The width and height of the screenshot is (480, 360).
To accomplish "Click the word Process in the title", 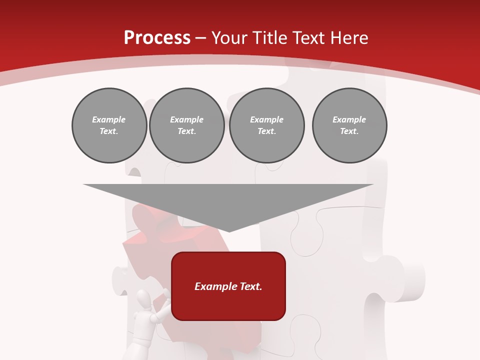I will [x=157, y=38].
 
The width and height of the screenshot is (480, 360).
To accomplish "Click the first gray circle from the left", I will [x=109, y=125].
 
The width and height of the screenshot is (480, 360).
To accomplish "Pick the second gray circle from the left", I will [x=187, y=125].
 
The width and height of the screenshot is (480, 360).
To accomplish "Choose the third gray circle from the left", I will [x=266, y=125].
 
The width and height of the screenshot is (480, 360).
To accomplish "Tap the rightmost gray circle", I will [x=349, y=125].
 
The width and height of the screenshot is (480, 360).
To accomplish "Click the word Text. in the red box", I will [x=251, y=286].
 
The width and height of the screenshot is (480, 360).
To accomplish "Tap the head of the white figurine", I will [x=144, y=299].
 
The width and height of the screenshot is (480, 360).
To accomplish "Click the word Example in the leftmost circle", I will [x=109, y=119].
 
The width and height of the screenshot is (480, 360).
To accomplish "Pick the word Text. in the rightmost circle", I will [x=349, y=131].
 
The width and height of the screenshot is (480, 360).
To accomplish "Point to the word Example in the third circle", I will [x=266, y=119].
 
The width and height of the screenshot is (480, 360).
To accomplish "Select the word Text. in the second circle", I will [x=187, y=131].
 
